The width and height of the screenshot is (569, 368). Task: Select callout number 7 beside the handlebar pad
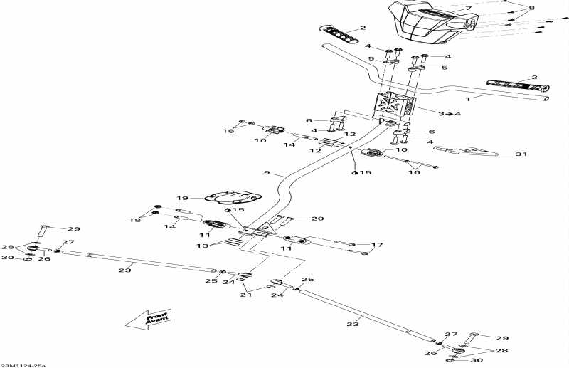pyautogui.click(x=469, y=9)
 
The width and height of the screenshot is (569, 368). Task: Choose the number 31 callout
pyautogui.click(x=521, y=154)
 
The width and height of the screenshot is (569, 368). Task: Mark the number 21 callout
pyautogui.click(x=246, y=295)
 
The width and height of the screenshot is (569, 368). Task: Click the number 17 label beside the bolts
pyautogui.click(x=378, y=246)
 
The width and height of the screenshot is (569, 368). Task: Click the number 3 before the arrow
pyautogui.click(x=442, y=114)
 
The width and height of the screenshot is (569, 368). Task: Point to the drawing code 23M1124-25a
pyautogui.click(x=23, y=365)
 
